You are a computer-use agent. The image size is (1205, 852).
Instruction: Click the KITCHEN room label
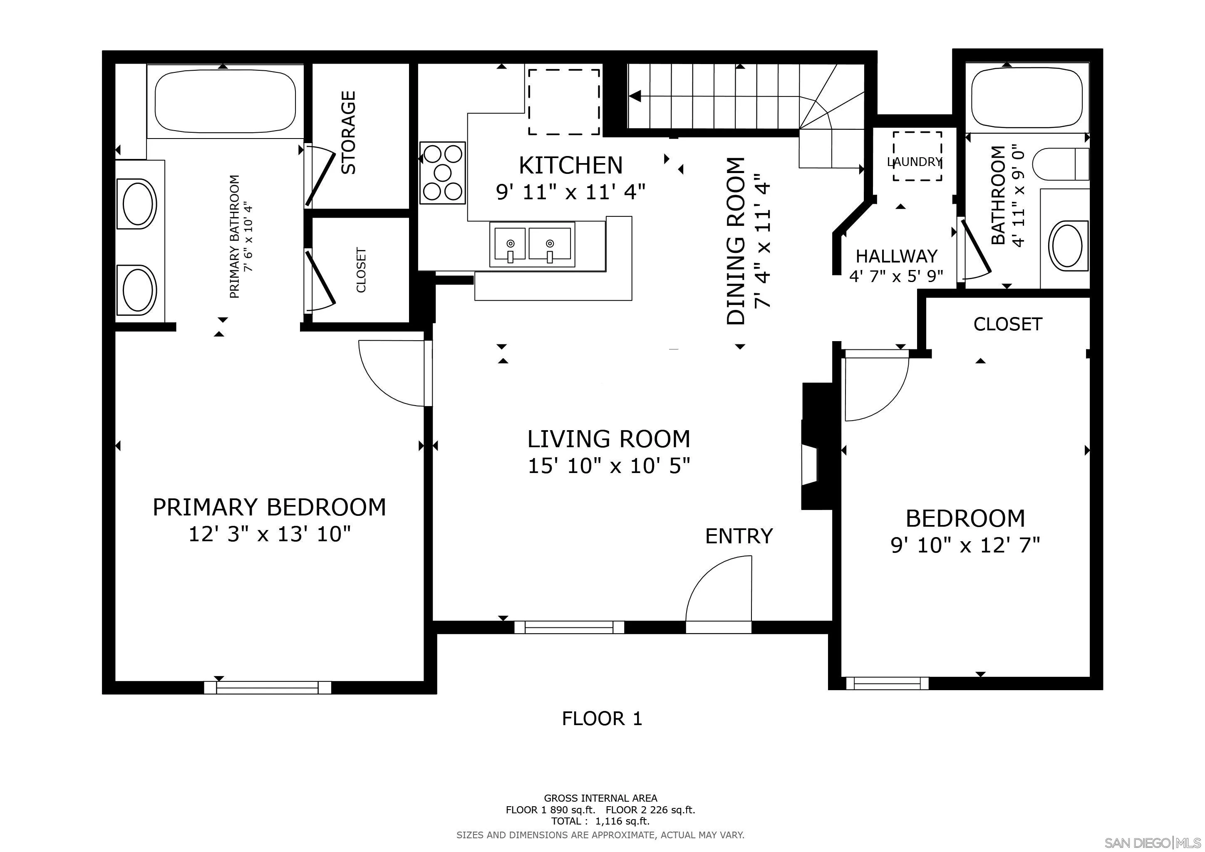[570, 166]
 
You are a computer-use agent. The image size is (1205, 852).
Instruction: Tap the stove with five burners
[442, 173]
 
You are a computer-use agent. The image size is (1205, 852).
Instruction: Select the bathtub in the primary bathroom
[226, 101]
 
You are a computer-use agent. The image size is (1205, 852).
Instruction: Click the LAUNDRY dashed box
[917, 156]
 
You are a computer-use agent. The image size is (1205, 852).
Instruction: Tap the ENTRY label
[739, 536]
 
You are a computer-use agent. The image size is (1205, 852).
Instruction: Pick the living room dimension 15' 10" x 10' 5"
[608, 466]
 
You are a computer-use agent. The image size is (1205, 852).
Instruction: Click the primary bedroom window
[268, 687]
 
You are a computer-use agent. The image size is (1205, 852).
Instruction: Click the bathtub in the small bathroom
[1027, 99]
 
